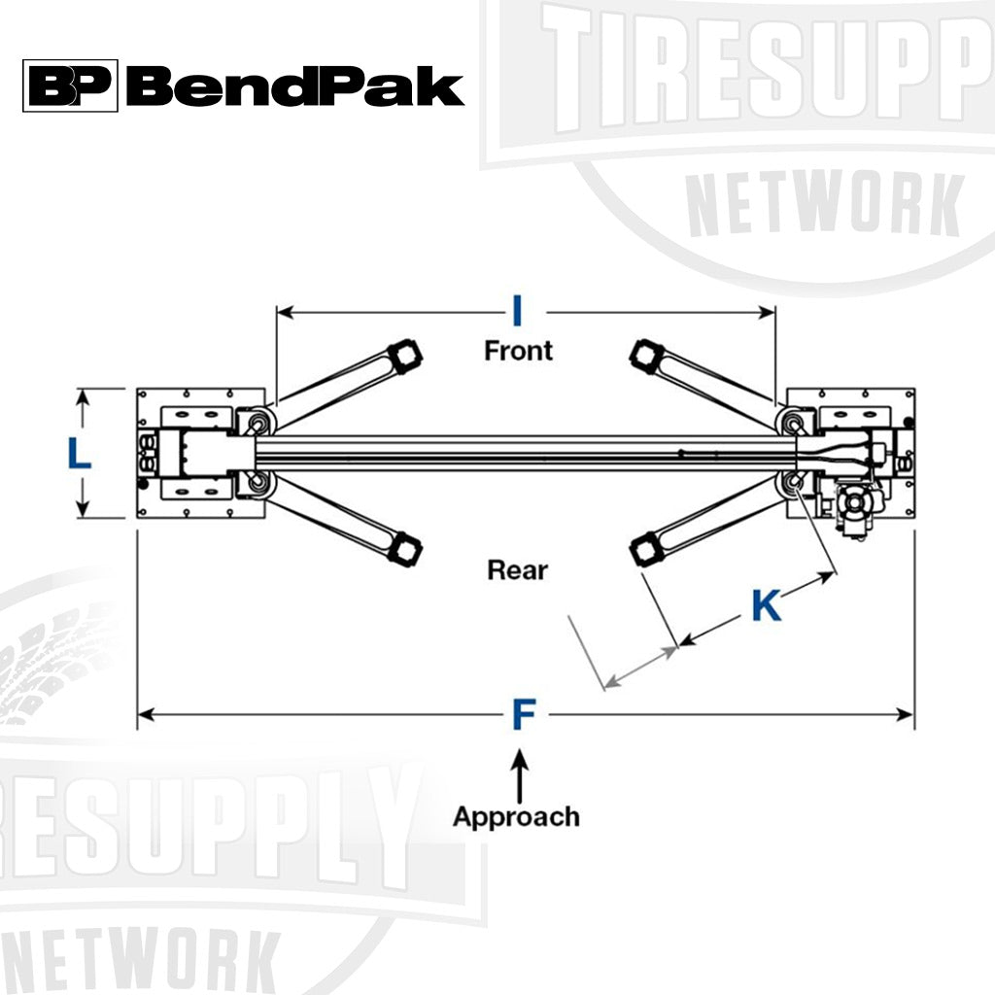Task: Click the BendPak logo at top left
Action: click(243, 86)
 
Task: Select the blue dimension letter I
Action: click(518, 311)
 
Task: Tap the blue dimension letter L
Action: click(79, 454)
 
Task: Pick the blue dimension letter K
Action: click(766, 606)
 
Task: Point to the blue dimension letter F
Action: click(524, 715)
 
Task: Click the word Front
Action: click(518, 350)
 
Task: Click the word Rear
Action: click(517, 569)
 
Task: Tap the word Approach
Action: click(516, 816)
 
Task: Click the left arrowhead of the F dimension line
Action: click(144, 715)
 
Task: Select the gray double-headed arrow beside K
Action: click(640, 668)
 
